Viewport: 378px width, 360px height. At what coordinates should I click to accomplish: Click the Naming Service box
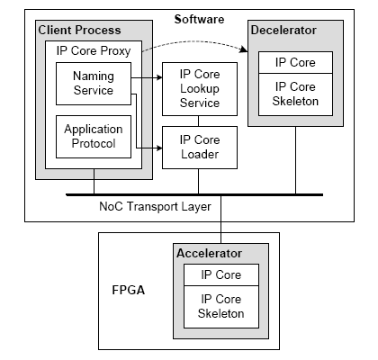pyautogui.click(x=94, y=84)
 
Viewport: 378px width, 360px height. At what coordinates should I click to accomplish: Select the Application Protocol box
pyautogui.click(x=94, y=137)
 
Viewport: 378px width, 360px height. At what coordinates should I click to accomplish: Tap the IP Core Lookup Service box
pyautogui.click(x=200, y=89)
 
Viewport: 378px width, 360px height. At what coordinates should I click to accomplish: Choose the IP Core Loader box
pyautogui.click(x=200, y=148)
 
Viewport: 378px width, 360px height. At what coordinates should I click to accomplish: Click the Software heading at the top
pyautogui.click(x=199, y=19)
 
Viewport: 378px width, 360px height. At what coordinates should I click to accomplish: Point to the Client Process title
pyautogui.click(x=79, y=30)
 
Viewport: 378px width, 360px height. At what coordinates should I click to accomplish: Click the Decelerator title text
pyautogui.click(x=283, y=30)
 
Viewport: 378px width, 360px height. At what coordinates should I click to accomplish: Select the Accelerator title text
pyautogui.click(x=209, y=253)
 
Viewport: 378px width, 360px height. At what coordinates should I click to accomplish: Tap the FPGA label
pyautogui.click(x=129, y=290)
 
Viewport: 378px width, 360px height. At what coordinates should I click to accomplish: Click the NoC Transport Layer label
pyautogui.click(x=155, y=207)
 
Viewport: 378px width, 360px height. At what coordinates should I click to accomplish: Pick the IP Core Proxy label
pyautogui.click(x=94, y=51)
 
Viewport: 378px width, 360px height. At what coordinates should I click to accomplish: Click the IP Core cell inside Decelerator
pyautogui.click(x=295, y=62)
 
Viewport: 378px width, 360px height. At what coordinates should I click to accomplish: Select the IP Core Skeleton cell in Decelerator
pyautogui.click(x=295, y=94)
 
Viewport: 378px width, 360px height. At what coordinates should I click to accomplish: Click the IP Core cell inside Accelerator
pyautogui.click(x=221, y=274)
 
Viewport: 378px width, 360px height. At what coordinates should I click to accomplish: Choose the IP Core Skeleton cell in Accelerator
pyautogui.click(x=221, y=307)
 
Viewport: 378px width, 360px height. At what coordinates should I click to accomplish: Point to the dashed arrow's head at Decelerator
pyautogui.click(x=244, y=49)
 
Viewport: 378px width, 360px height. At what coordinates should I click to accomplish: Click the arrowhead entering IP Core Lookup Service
pyautogui.click(x=159, y=77)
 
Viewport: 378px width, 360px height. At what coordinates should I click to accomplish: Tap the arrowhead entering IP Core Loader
pyautogui.click(x=159, y=148)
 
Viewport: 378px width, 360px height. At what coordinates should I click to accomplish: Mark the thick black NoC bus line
pyautogui.click(x=194, y=194)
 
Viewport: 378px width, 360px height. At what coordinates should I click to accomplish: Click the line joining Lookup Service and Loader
pyautogui.click(x=198, y=121)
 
